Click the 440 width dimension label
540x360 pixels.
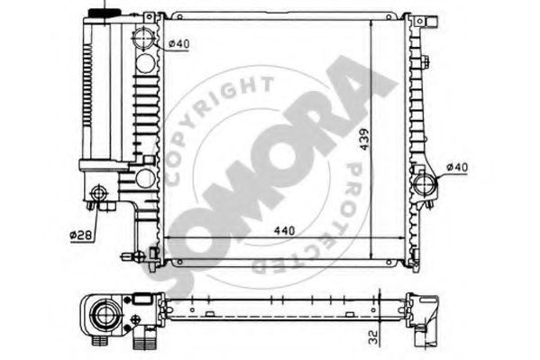(285, 230)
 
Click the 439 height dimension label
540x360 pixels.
(363, 139)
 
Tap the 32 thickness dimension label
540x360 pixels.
(373, 337)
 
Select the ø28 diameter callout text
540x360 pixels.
(81, 235)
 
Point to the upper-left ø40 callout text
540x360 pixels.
(179, 44)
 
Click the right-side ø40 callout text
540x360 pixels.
(457, 168)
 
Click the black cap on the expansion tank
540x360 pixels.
(105, 13)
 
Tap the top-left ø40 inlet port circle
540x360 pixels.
(143, 38)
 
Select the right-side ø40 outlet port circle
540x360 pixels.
(425, 184)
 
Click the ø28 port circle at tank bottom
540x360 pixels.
(99, 193)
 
